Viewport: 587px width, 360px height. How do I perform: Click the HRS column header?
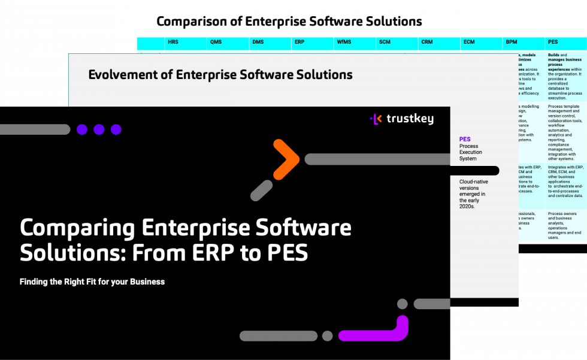174,43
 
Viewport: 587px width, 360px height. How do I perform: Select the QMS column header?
216,43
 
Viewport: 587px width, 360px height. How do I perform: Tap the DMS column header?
258,43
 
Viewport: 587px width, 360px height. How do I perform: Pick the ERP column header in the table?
300,43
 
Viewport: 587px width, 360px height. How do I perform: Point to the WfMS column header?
344,43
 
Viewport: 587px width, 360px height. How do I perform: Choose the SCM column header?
385,43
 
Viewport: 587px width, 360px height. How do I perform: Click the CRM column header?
427,43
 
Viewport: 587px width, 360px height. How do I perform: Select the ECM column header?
469,43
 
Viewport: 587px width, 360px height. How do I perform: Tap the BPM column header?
512,43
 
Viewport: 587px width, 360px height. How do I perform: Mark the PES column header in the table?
553,43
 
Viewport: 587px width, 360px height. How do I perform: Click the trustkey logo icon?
376,119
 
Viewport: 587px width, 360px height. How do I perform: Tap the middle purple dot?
99,129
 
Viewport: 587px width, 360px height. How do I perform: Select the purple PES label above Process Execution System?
465,140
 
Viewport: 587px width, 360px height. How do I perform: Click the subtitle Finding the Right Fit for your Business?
92,282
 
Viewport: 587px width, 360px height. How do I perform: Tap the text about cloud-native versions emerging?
473,193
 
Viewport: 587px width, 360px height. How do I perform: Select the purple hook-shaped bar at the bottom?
374,331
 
